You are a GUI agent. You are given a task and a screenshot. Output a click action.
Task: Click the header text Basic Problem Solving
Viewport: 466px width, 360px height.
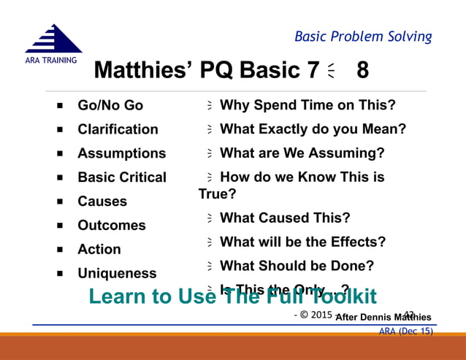pos(362,37)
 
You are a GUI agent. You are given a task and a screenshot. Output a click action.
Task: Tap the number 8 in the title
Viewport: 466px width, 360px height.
pos(362,71)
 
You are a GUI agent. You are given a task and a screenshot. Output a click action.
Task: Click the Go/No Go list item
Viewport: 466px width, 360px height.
pos(110,105)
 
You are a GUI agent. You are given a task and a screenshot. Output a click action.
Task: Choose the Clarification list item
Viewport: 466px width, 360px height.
pos(118,129)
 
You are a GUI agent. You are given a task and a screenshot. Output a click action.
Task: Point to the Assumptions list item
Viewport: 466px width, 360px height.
pos(121,153)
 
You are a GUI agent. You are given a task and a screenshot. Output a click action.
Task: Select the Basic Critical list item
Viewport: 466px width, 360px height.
pos(122,177)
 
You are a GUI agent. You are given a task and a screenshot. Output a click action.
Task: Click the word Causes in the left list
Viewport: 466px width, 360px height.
pos(102,202)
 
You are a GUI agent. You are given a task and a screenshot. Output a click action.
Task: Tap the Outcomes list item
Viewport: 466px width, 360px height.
pos(112,226)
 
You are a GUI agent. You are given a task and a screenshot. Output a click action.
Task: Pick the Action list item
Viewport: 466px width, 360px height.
pos(99,249)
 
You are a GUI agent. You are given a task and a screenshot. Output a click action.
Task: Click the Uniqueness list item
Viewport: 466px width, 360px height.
pos(117,273)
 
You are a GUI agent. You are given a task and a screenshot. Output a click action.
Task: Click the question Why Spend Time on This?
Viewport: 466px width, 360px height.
pos(308,105)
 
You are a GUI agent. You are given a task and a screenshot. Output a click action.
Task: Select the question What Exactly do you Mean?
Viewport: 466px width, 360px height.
pos(313,129)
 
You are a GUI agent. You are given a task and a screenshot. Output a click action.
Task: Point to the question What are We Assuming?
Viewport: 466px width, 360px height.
pos(302,153)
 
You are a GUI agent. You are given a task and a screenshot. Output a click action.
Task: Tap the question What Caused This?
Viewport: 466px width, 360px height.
pos(285,218)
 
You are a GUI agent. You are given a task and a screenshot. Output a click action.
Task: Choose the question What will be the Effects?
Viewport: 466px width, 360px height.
pos(302,242)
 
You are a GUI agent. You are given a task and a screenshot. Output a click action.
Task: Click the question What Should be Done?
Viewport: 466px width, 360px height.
pos(297,266)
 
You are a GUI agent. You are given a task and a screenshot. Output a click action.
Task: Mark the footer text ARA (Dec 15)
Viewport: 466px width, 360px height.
pos(405,331)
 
